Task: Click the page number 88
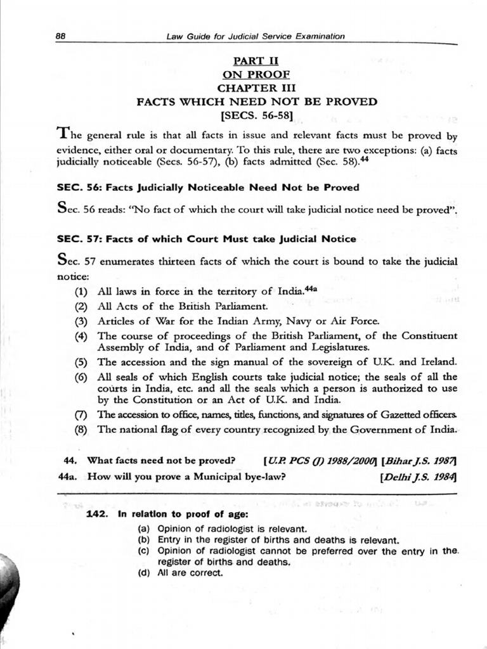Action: click(61, 36)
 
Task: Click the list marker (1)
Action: click(81, 292)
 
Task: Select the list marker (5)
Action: click(81, 362)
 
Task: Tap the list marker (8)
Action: click(81, 429)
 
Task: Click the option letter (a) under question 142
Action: click(144, 529)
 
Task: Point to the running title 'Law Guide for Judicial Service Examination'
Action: click(256, 36)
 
